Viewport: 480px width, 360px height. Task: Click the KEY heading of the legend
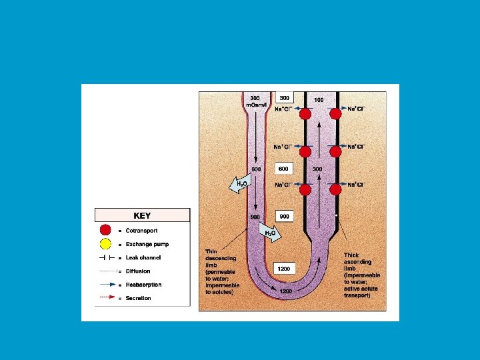coord(142,215)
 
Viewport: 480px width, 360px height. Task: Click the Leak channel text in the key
coord(143,258)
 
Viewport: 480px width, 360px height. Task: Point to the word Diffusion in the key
coord(138,271)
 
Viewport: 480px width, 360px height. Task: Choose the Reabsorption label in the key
coord(143,285)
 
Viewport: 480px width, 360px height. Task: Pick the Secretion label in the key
coord(138,298)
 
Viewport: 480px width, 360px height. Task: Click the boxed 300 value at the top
coord(284,97)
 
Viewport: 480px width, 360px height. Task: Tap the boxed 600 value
coord(284,169)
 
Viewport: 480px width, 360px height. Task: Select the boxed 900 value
coord(284,217)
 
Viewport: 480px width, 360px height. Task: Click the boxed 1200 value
coord(284,268)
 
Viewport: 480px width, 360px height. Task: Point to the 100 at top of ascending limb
coord(319,100)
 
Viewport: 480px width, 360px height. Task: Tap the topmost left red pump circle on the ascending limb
coord(305,113)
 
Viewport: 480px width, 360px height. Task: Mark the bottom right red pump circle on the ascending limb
coord(335,190)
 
